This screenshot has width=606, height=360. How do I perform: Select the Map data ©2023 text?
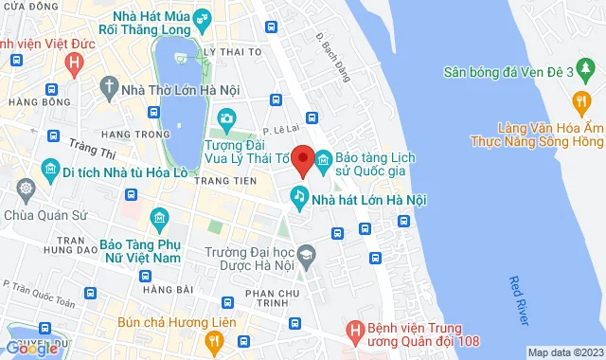coord(564,352)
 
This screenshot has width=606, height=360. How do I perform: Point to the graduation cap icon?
coord(307,254)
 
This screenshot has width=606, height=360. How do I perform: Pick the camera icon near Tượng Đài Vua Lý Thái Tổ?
coord(226,119)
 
